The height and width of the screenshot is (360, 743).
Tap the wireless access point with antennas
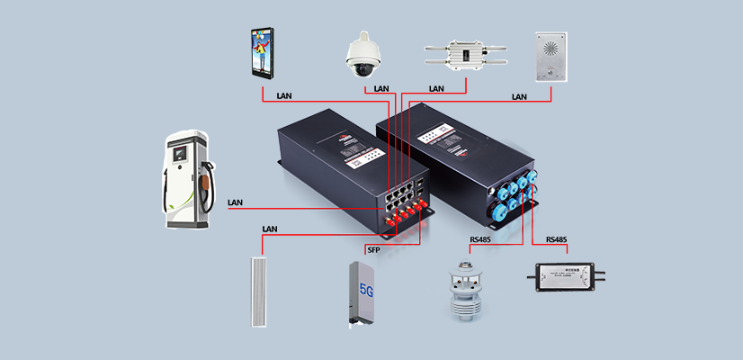point(467,56)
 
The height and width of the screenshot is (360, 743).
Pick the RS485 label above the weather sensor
point(481,240)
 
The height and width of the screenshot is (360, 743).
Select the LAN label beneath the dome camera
point(381,89)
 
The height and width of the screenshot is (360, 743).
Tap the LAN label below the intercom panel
point(519,96)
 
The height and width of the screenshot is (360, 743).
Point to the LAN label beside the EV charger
point(236,202)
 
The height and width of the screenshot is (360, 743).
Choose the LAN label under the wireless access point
point(436,89)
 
